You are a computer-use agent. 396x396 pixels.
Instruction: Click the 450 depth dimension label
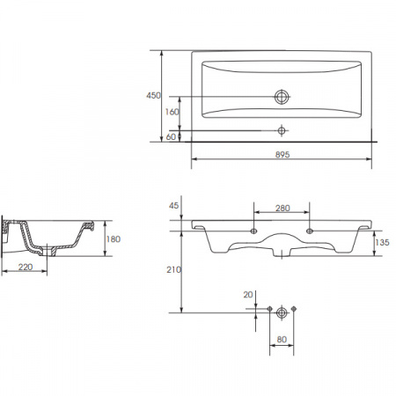tap(153, 95)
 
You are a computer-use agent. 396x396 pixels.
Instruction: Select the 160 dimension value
tap(172, 112)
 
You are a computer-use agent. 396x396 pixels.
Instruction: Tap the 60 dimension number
tap(171, 136)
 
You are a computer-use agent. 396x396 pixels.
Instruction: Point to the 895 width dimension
tap(282, 154)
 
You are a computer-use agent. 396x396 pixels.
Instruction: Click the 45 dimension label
tap(173, 206)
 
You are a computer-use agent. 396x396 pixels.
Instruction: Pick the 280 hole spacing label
tap(282, 208)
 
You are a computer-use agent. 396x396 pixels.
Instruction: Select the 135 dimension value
tap(382, 242)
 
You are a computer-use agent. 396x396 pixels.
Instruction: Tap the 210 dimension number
tap(173, 269)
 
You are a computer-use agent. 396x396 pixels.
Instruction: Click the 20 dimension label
tap(248, 295)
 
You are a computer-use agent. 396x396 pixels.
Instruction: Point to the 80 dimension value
tap(282, 340)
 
